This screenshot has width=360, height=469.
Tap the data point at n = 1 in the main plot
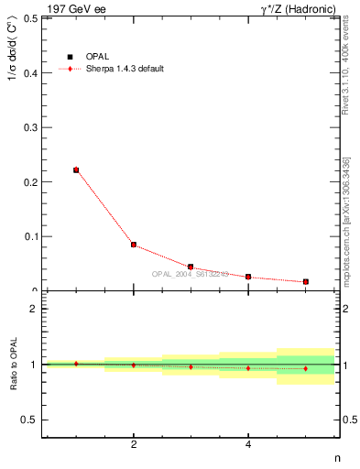tap(76, 169)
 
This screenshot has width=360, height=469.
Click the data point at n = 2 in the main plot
tap(134, 245)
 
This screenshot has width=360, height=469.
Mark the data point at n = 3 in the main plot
tap(191, 267)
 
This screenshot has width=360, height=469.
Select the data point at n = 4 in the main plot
tap(248, 277)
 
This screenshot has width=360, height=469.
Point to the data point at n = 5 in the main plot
tap(305, 281)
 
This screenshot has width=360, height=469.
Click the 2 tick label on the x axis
tap(134, 445)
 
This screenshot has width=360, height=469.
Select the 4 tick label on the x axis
tap(248, 445)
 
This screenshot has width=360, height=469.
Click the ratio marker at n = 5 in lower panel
tap(305, 368)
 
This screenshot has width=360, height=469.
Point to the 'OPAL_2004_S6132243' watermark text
tap(190, 273)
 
